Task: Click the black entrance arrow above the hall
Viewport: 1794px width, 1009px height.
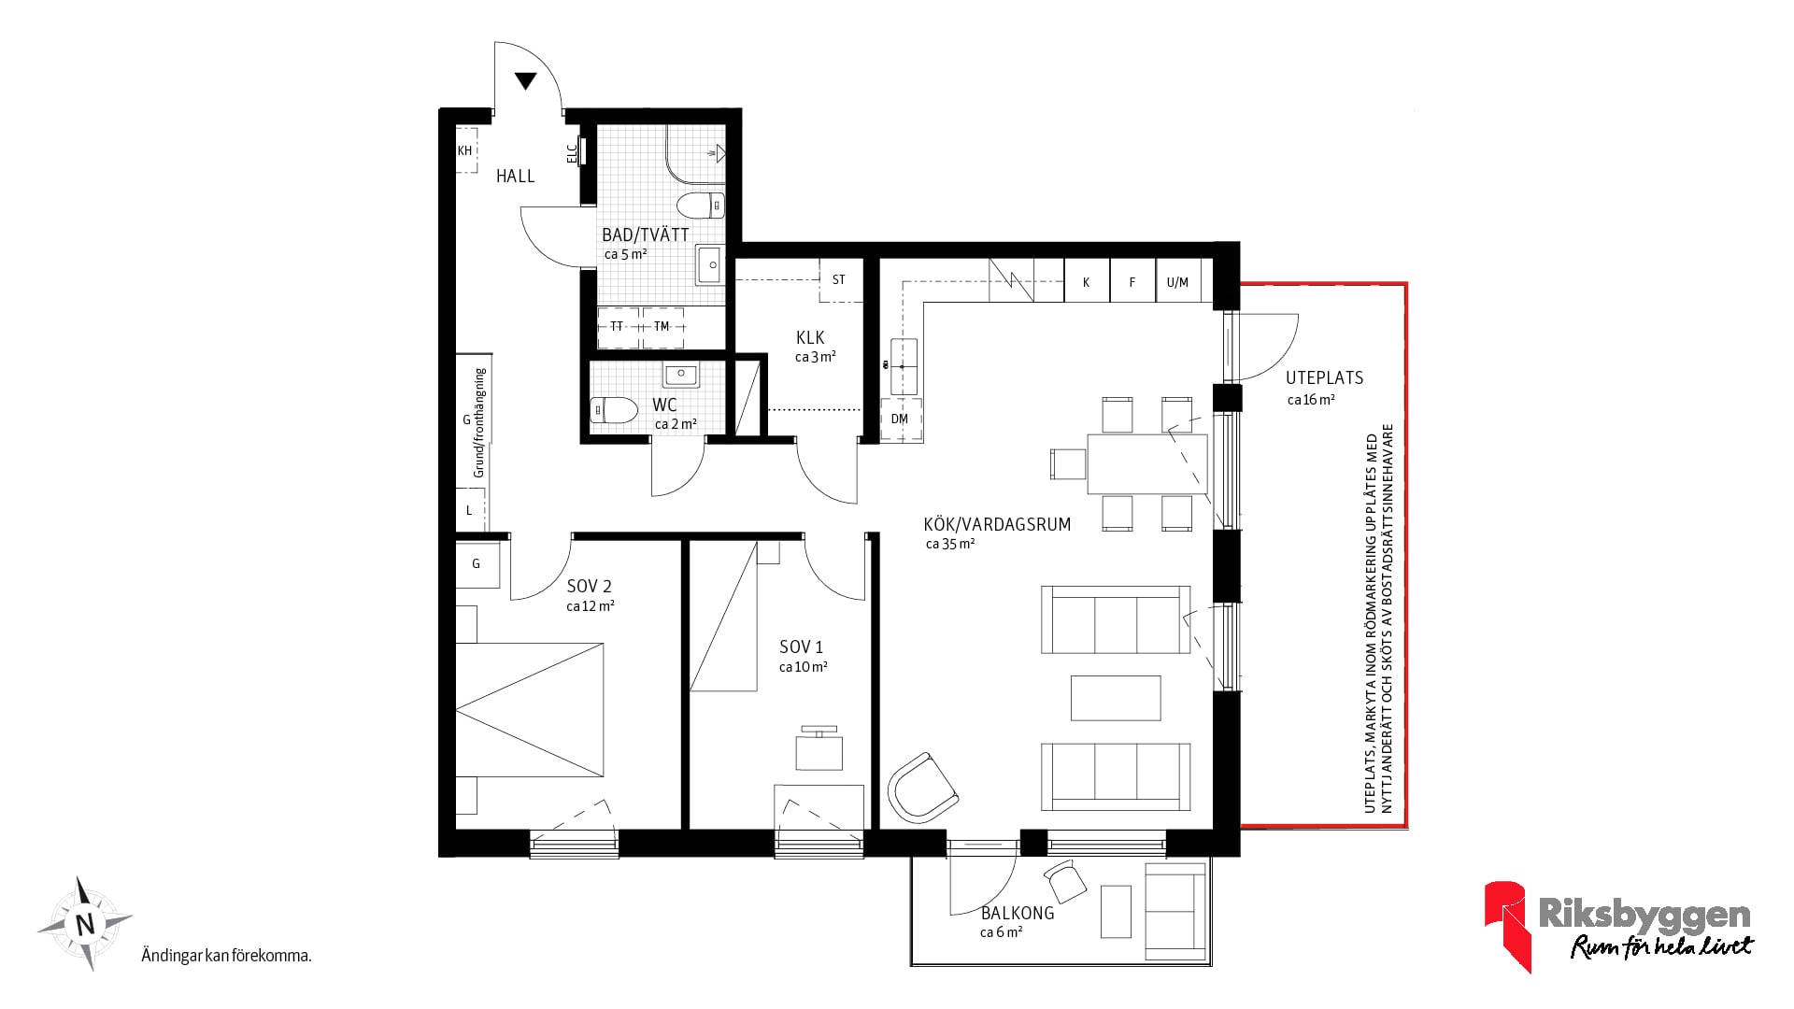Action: (526, 81)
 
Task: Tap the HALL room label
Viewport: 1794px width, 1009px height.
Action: (516, 177)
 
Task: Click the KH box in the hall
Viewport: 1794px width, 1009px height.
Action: (465, 150)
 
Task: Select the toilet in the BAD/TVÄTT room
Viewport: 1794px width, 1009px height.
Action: (701, 205)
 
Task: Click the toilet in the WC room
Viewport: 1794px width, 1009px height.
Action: (613, 410)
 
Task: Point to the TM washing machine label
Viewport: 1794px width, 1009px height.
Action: (662, 327)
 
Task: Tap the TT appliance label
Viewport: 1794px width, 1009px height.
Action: (617, 327)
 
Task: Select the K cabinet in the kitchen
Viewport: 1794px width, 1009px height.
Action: (1087, 280)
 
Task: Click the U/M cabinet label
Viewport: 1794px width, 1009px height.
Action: (1177, 282)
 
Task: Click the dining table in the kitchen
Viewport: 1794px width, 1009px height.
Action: (1147, 463)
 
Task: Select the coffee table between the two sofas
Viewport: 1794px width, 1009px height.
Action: (1116, 698)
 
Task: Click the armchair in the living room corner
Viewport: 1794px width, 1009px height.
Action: (922, 789)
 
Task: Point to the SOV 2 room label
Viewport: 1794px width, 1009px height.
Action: (590, 587)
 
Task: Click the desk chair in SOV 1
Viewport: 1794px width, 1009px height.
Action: (819, 748)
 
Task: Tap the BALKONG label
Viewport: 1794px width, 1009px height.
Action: (1018, 914)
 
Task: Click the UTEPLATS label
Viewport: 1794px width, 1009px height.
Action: (1324, 378)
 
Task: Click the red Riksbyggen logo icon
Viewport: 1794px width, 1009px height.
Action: (1506, 925)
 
